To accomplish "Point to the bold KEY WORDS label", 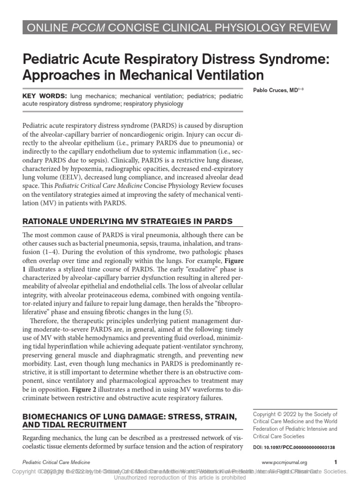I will [x=45, y=96].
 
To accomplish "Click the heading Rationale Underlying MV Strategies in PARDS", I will [x=127, y=221].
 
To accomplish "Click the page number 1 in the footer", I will [x=335, y=462].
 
